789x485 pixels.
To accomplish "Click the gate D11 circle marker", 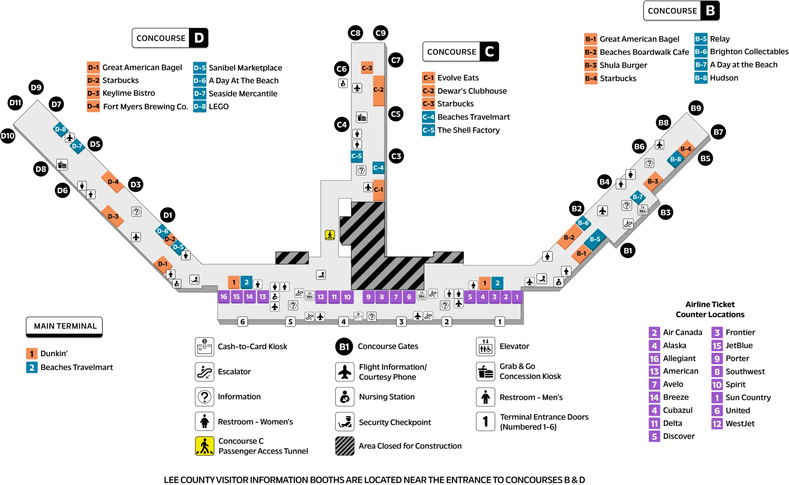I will (x=15, y=103).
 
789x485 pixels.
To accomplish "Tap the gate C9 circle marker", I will (x=380, y=33).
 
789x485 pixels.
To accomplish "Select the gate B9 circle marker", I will (x=696, y=108).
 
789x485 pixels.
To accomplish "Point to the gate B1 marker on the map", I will (x=628, y=251).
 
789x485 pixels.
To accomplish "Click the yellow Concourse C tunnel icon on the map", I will (x=330, y=235).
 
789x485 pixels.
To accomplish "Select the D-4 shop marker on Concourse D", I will (x=113, y=182).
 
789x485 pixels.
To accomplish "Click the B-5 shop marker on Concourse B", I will (x=595, y=239).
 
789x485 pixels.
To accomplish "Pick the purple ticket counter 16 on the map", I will (x=224, y=297).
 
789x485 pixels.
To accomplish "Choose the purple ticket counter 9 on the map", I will (x=368, y=297).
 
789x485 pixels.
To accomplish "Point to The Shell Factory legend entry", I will (x=468, y=130).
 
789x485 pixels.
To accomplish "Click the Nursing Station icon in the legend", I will (x=345, y=397).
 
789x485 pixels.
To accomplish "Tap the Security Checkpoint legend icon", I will (x=345, y=422).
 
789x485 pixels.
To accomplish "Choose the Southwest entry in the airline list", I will (x=745, y=372).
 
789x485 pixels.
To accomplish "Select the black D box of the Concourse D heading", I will (x=199, y=38).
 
